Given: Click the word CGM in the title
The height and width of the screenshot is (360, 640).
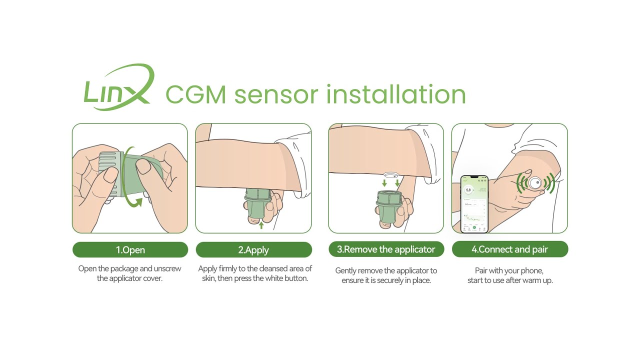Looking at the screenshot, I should [195, 94].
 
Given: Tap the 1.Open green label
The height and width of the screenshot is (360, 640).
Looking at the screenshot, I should [130, 250].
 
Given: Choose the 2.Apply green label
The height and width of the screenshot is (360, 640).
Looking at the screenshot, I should [253, 250].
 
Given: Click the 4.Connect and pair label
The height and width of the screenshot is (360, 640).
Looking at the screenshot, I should [509, 249].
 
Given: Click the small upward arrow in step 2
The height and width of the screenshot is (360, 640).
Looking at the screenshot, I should [261, 225].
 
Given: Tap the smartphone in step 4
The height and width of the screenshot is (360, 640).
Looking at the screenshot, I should [474, 204].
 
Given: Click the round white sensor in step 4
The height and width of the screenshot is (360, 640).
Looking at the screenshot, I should [535, 183].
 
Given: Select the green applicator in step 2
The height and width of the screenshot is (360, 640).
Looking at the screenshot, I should [257, 205].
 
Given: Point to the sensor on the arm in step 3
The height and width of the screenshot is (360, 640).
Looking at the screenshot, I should [391, 175].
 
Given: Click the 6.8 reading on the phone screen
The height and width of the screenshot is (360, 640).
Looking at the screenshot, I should [468, 189].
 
